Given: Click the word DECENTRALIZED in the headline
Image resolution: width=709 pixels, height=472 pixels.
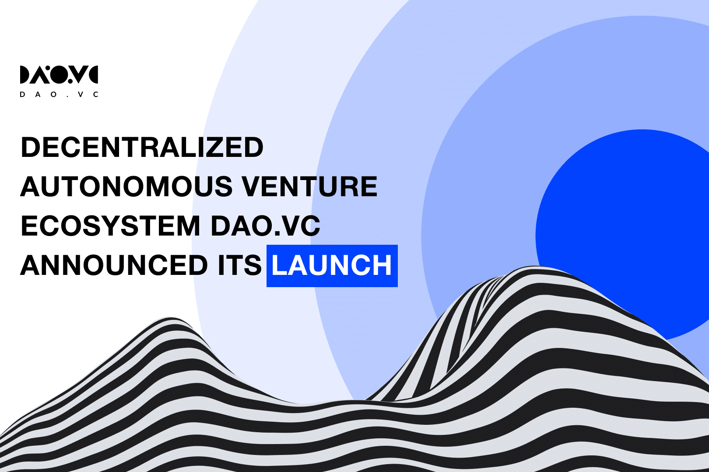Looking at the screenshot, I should pyautogui.click(x=142, y=147).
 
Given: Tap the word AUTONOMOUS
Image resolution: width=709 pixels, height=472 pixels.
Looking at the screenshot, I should pyautogui.click(x=126, y=187).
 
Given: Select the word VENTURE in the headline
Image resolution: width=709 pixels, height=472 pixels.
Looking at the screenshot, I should pyautogui.click(x=309, y=187).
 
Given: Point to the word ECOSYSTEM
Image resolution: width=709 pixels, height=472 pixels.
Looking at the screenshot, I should pyautogui.click(x=110, y=226).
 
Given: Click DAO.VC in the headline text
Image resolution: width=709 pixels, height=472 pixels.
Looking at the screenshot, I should pyautogui.click(x=265, y=226).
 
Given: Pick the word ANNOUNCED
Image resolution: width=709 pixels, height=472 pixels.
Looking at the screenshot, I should pyautogui.click(x=114, y=265).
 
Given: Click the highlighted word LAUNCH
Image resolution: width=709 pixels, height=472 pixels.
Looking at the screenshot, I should pyautogui.click(x=332, y=265).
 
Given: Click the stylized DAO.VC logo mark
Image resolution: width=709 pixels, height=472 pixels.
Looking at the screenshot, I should pyautogui.click(x=59, y=75).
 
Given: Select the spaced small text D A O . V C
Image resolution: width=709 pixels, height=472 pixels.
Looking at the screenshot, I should pyautogui.click(x=59, y=94).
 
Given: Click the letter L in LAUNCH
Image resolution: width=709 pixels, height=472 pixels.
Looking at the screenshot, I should pyautogui.click(x=279, y=265).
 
